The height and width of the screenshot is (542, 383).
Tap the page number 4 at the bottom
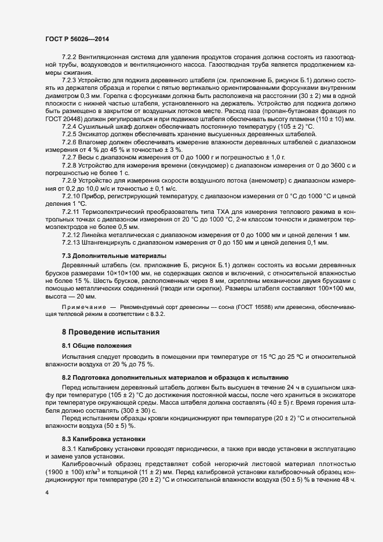[47, 492]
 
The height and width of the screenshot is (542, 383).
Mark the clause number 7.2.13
[71, 242]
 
